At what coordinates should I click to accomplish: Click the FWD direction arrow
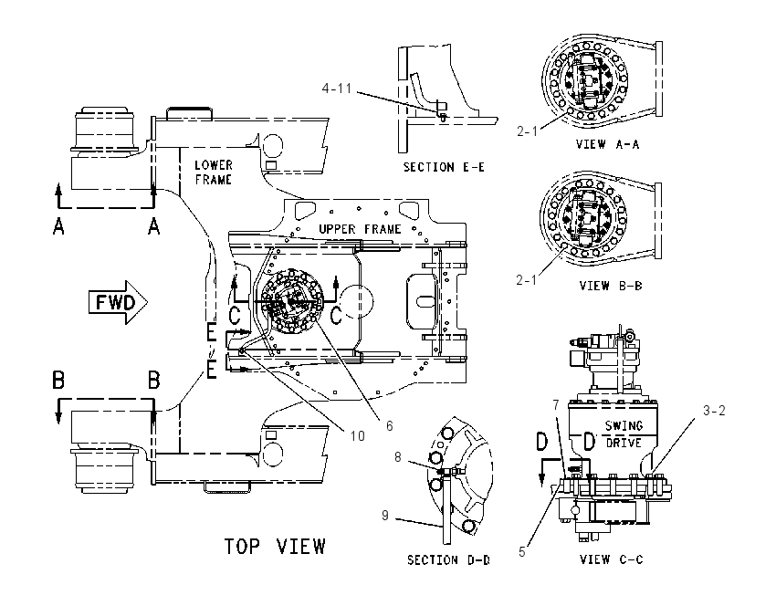tap(118, 302)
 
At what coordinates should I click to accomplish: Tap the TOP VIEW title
tap(275, 547)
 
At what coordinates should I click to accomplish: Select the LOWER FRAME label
tap(214, 172)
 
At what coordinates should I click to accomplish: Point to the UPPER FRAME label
tap(360, 229)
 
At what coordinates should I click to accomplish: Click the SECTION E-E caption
tap(444, 167)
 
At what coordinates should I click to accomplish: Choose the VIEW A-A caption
tap(607, 144)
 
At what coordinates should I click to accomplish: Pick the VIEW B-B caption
tap(611, 286)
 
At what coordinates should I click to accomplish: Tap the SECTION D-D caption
tap(448, 560)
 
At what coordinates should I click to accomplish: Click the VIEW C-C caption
tap(611, 559)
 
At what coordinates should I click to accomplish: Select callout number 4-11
tap(337, 88)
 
